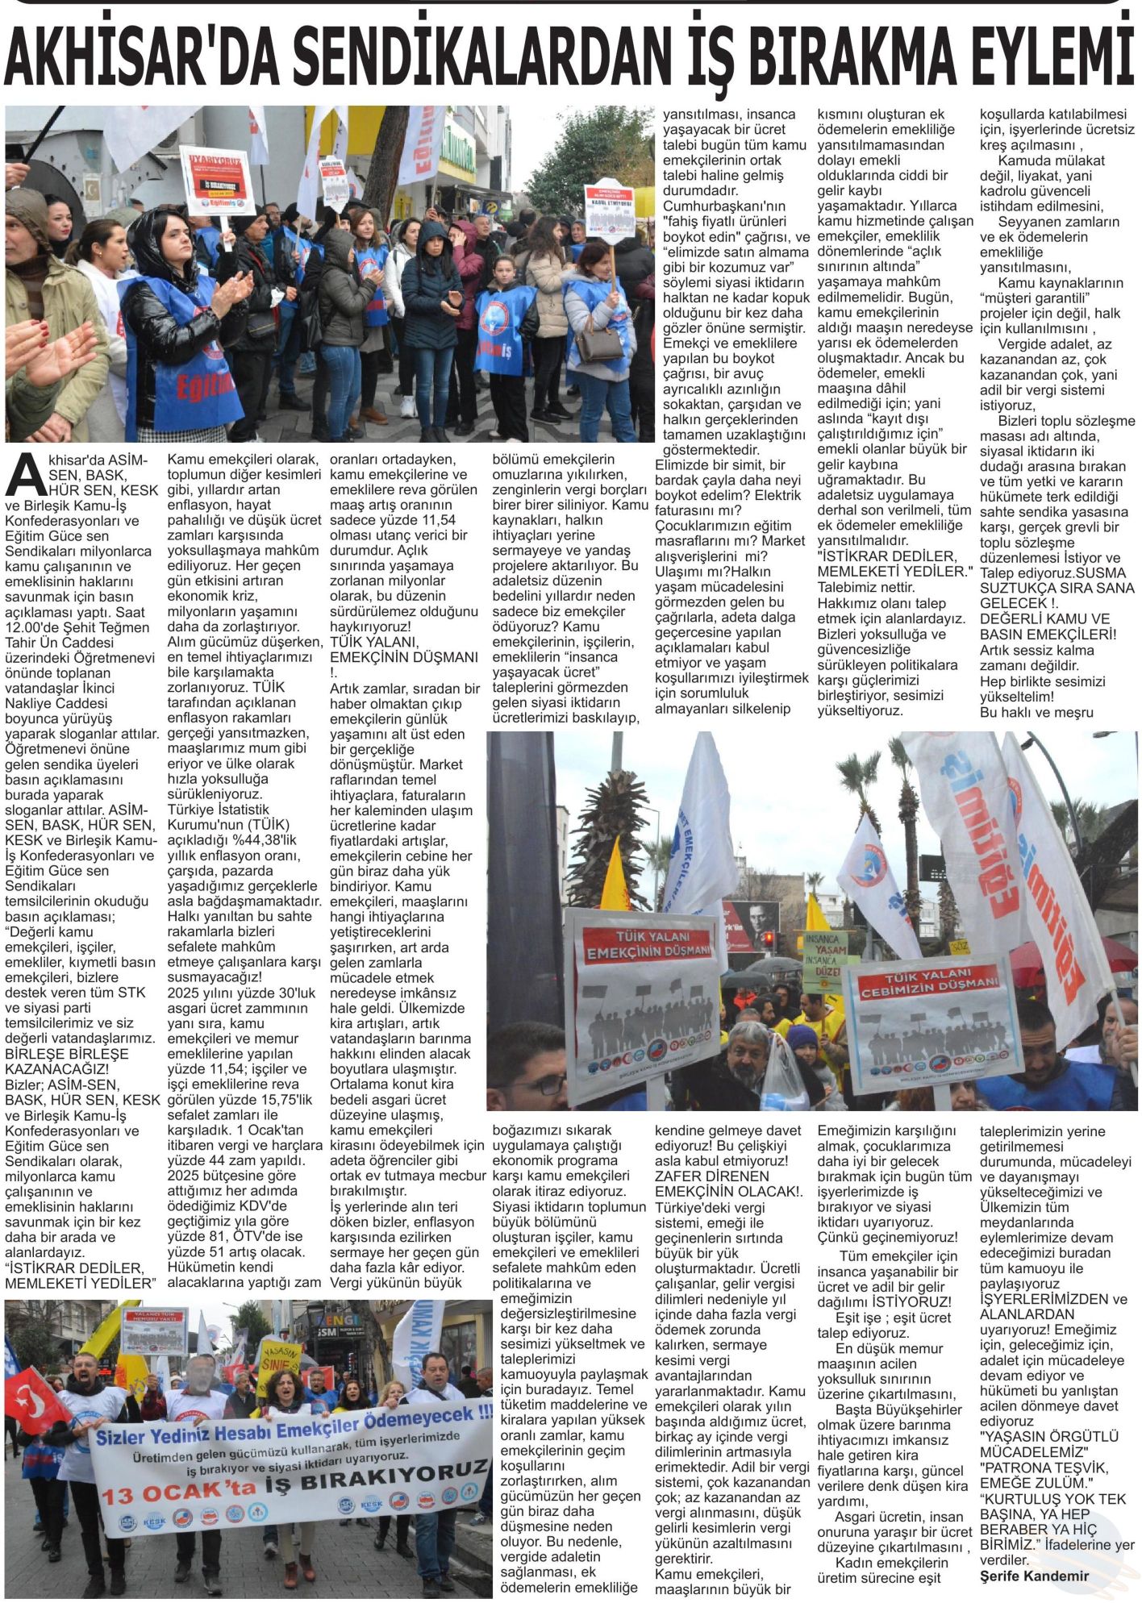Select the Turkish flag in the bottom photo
point(34,1401)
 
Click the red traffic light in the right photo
point(767,937)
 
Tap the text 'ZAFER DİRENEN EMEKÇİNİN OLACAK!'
point(728,1184)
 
